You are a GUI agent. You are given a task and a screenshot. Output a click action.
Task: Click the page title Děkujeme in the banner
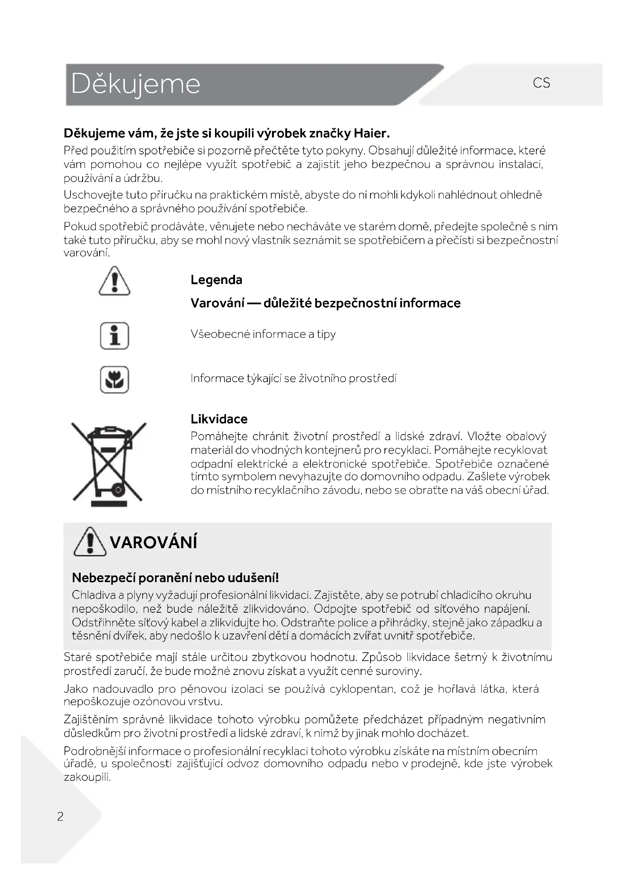point(135,84)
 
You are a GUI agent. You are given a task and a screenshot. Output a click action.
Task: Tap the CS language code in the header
point(541,83)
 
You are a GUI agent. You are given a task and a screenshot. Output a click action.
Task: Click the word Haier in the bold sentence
point(371,133)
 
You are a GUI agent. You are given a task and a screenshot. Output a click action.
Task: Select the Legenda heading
point(216,280)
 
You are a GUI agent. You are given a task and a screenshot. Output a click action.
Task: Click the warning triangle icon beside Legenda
point(115,282)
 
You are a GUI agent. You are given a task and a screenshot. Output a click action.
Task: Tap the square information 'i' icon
point(115,336)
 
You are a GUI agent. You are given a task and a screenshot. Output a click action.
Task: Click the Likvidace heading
point(219,419)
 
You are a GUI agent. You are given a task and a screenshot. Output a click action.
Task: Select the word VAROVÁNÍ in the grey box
point(153,542)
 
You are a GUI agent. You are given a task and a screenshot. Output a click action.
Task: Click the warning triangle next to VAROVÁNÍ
point(90,542)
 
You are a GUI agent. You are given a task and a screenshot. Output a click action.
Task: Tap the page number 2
point(60,816)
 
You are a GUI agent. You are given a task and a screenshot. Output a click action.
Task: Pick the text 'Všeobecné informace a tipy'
point(263,334)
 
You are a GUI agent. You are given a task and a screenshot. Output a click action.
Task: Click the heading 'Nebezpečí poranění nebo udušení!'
point(175,578)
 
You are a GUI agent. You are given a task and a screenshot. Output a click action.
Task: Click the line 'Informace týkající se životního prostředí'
point(293,378)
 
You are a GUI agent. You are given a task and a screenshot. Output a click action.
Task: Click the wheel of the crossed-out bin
point(118,490)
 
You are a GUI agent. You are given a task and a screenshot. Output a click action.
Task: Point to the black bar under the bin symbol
point(109,504)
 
